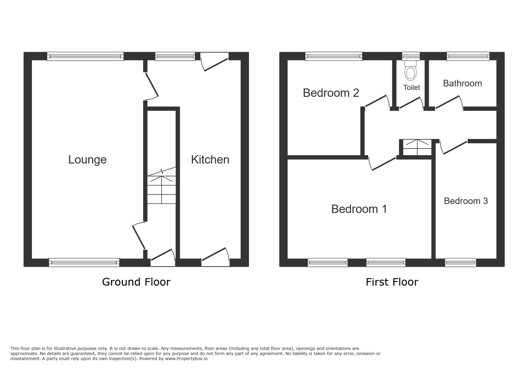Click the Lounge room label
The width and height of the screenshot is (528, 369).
coord(87,160)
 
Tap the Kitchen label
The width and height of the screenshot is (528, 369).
coord(210,160)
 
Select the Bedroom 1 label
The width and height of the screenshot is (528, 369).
coord(359,209)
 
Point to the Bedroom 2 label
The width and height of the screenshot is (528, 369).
coord(331,93)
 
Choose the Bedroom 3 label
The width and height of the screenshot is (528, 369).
coord(466,201)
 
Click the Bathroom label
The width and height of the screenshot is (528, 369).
coord(462,83)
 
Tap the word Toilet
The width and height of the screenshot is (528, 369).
coord(412,88)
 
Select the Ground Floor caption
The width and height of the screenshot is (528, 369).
coord(136,282)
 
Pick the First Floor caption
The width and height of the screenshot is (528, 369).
coord(392,282)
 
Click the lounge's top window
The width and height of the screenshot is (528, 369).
coord(85,56)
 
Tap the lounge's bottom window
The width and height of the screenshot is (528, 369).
coord(84,262)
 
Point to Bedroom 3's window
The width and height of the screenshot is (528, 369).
coord(461,262)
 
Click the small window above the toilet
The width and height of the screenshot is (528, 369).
coord(411,56)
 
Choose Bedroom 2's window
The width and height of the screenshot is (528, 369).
coord(334,56)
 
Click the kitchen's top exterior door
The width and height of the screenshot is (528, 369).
coord(215,61)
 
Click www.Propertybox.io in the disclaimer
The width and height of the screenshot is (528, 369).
coord(186,359)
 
